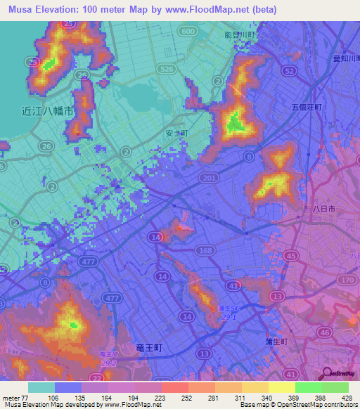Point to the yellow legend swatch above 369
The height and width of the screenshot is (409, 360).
pos(281,387)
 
